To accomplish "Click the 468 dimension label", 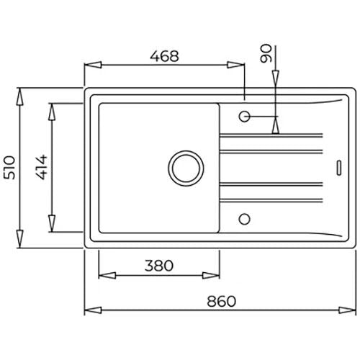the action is [x=164, y=56].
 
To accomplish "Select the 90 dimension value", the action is [x=266, y=53].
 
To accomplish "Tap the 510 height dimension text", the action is [x=10, y=168].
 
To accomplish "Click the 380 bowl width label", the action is [x=159, y=266].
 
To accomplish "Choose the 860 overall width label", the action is [x=222, y=301].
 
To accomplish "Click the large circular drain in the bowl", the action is [x=186, y=168].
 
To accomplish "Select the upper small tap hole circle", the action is [x=245, y=117].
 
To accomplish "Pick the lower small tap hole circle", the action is [x=245, y=219].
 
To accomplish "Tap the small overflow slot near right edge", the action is [x=339, y=168].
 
